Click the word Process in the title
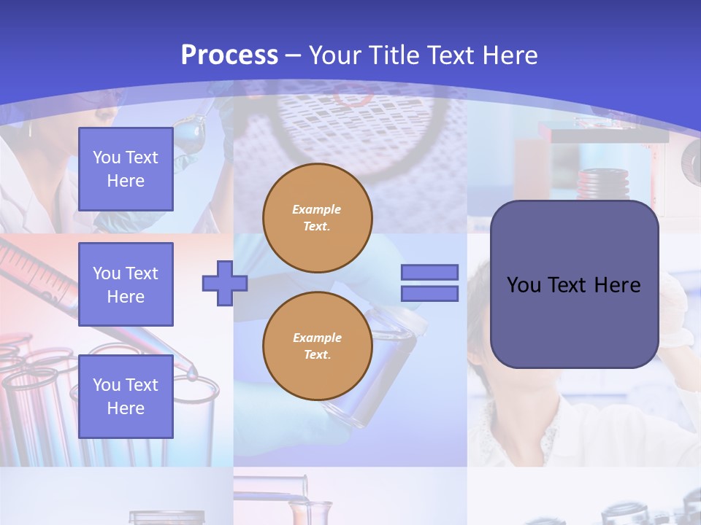[229, 55]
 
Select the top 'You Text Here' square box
[126, 169]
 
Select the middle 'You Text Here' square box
[126, 284]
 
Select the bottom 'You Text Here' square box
[126, 396]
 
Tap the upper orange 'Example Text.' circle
[318, 217]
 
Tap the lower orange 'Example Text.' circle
[318, 346]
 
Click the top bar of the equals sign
[429, 273]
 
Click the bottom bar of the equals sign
[429, 294]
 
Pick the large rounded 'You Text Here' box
[574, 284]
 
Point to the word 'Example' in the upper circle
[317, 209]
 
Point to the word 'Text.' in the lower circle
[317, 355]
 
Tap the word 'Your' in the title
[335, 55]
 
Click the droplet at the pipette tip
[191, 375]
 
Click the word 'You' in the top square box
[106, 157]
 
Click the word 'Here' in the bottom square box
[126, 408]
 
